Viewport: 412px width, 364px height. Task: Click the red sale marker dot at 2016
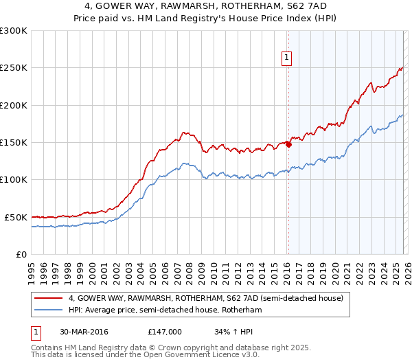pyautogui.click(x=288, y=144)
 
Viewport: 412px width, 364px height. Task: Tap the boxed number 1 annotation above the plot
pyautogui.click(x=286, y=58)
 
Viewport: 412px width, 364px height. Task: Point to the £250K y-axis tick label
pyautogui.click(x=14, y=68)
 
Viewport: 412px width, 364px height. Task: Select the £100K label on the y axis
pyautogui.click(x=14, y=180)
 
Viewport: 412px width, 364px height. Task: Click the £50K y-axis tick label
pyautogui.click(x=16, y=217)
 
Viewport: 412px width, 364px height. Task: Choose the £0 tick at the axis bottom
pyautogui.click(x=21, y=254)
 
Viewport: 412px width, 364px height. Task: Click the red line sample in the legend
pyautogui.click(x=49, y=298)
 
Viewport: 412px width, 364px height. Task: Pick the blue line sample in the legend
pyautogui.click(x=49, y=310)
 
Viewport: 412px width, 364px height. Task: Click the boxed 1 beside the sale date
pyautogui.click(x=36, y=331)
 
